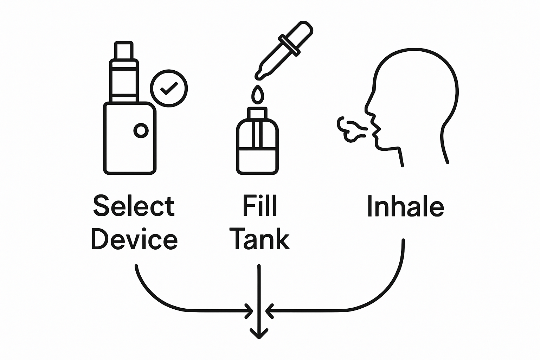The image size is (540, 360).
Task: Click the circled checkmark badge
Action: [x=169, y=88]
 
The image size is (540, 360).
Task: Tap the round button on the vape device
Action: [x=141, y=131]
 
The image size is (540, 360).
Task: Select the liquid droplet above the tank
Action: [x=258, y=95]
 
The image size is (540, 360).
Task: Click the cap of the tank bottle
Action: [x=258, y=113]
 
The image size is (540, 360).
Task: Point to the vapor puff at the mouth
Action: [x=350, y=129]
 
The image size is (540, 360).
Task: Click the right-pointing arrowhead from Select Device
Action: [x=249, y=310]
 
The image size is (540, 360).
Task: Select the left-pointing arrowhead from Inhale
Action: [x=269, y=310]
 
